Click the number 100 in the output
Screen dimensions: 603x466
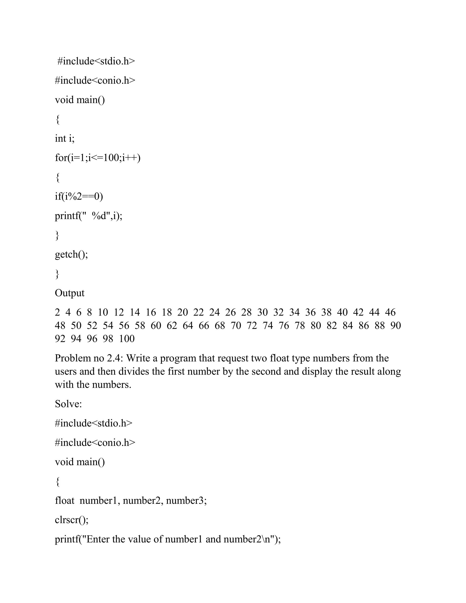(x=127, y=339)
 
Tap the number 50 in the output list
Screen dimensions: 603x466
(x=76, y=326)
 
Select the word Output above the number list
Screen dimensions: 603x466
(x=70, y=293)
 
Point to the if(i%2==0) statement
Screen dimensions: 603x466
(x=79, y=196)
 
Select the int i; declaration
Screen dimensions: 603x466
(x=65, y=138)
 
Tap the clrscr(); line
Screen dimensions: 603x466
(x=72, y=520)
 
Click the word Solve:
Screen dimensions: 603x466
(x=68, y=404)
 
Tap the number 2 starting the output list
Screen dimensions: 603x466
(x=57, y=312)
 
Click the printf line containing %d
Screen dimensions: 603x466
(x=89, y=216)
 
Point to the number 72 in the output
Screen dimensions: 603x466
(x=252, y=326)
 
